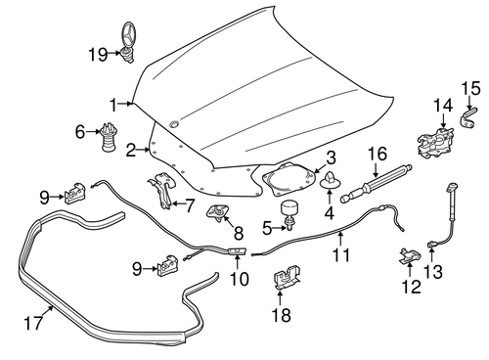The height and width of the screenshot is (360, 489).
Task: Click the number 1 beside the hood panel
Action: click(x=114, y=104)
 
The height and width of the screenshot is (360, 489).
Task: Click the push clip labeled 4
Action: click(x=329, y=182)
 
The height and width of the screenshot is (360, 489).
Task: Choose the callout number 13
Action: click(x=436, y=271)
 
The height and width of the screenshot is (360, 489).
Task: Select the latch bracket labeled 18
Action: click(x=286, y=280)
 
